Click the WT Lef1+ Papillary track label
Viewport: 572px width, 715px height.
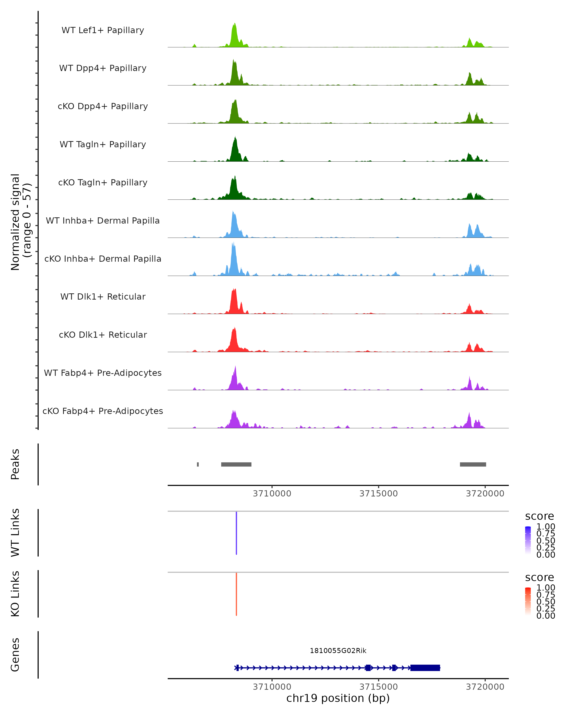pos(103,30)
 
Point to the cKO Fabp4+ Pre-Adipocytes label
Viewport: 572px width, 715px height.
pos(103,411)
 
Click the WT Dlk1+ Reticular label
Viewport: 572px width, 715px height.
pos(103,296)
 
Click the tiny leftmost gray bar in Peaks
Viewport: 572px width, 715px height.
pos(198,464)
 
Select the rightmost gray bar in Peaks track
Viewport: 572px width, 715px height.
pos(473,464)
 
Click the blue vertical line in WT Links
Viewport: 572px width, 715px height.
pos(236,533)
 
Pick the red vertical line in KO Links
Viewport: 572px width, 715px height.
pos(236,594)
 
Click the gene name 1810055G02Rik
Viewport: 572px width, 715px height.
pos(338,651)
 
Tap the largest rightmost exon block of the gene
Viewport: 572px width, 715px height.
pos(425,668)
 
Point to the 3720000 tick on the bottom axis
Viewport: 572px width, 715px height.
pos(485,687)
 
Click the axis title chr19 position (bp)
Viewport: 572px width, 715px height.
pos(338,698)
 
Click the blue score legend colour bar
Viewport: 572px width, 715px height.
pos(528,540)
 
